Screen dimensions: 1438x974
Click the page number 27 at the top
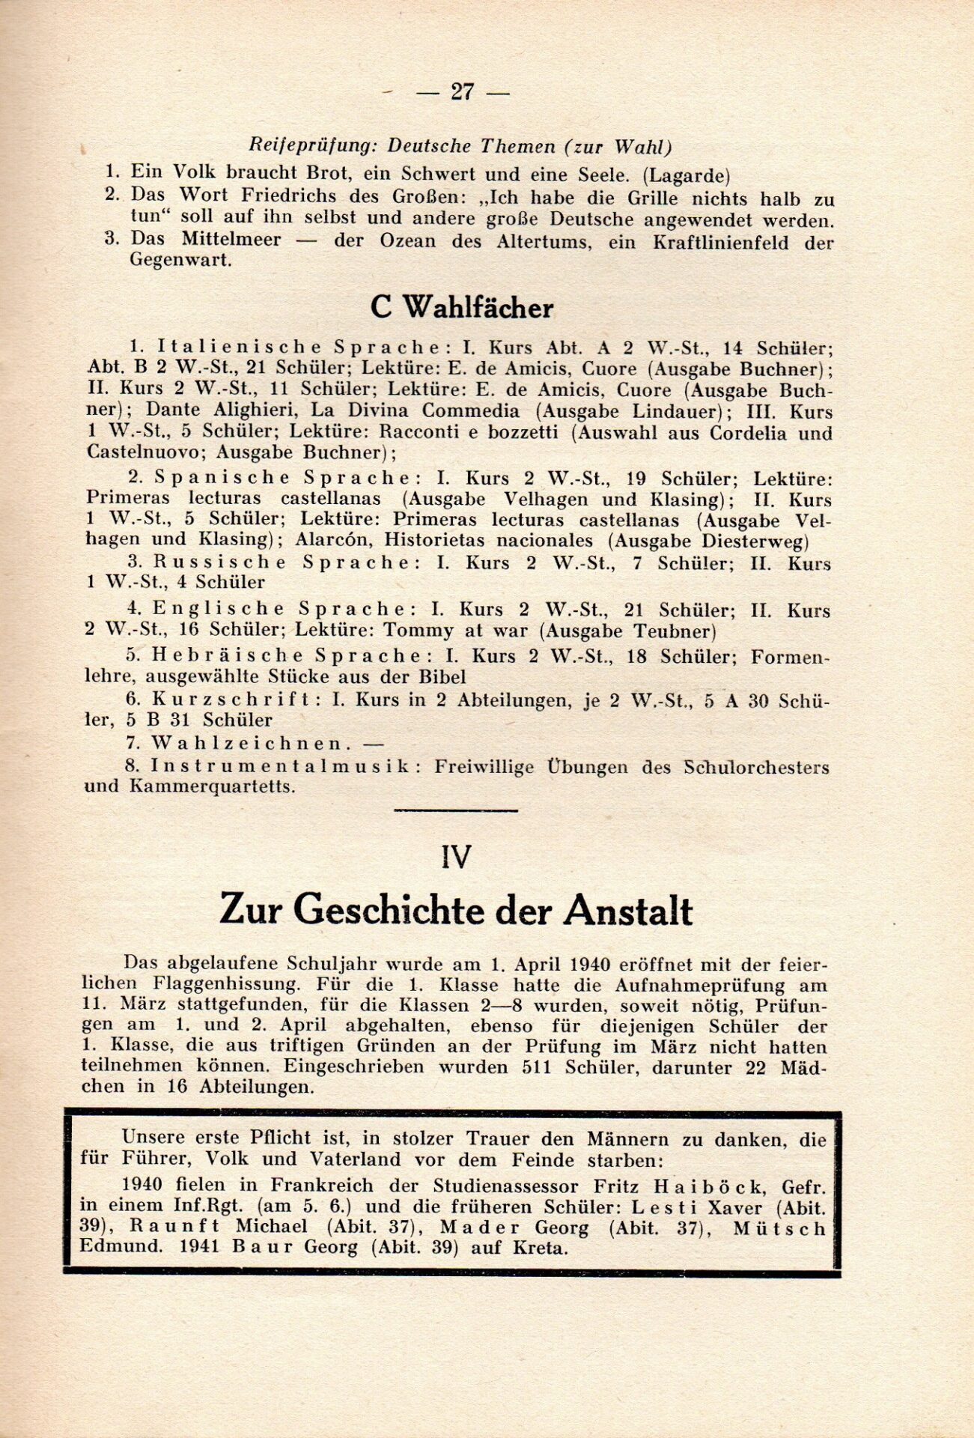click(x=462, y=91)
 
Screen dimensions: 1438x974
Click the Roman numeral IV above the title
click(x=456, y=856)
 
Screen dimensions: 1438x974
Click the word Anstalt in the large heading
click(x=627, y=911)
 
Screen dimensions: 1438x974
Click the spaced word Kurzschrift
click(x=231, y=700)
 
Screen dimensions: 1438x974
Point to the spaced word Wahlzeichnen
click(x=250, y=744)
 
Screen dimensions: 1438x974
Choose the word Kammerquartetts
click(x=212, y=786)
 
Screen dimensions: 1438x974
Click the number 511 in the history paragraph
click(x=535, y=1067)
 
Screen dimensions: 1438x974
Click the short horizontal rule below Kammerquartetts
click(x=455, y=810)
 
